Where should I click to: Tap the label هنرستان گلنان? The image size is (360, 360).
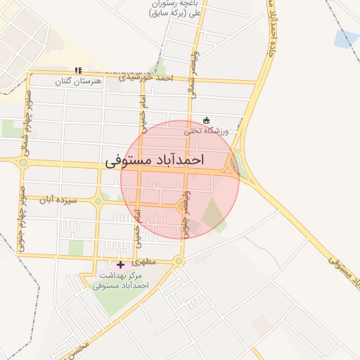pos(79,82)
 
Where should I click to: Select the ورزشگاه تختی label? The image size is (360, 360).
pos(207,131)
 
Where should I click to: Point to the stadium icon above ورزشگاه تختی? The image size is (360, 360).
pos(206,120)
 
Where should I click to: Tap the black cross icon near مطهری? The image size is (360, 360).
pos(120,265)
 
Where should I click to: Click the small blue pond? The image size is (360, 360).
pos(347,39)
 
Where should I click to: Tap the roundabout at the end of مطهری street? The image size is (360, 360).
pos(179,262)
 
